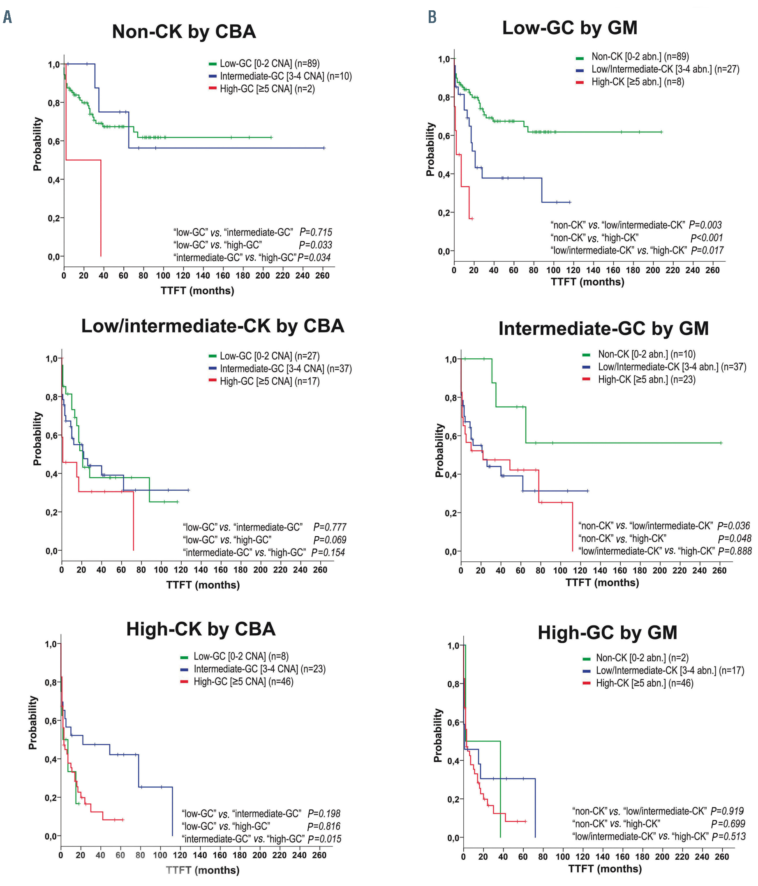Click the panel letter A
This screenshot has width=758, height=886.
tap(7, 17)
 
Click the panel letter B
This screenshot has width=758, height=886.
tap(432, 17)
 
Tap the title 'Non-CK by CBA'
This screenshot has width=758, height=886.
tap(184, 32)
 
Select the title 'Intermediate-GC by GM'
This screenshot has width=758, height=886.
tap(603, 328)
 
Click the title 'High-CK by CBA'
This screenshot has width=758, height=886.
tap(201, 629)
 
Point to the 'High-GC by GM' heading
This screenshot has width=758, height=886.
tap(608, 632)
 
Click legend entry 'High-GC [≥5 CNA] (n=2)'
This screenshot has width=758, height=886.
tap(267, 89)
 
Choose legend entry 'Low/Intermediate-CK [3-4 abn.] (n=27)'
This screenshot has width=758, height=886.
tap(665, 69)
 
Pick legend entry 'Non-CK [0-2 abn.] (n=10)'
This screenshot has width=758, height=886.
tap(646, 354)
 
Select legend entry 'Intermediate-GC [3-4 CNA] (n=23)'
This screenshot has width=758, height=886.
tap(259, 669)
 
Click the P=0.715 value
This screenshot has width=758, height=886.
tap(316, 232)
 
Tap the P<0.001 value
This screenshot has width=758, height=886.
tap(706, 238)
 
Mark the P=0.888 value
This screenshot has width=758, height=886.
tap(735, 551)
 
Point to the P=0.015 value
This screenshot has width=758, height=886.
tap(325, 839)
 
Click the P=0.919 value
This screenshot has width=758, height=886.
tap(727, 811)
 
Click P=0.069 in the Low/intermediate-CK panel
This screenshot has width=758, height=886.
tap(330, 540)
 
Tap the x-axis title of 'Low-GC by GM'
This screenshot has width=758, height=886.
tap(587, 282)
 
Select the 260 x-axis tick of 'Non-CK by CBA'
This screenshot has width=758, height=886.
tap(322, 276)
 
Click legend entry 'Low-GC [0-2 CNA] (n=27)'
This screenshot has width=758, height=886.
tap(270, 356)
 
